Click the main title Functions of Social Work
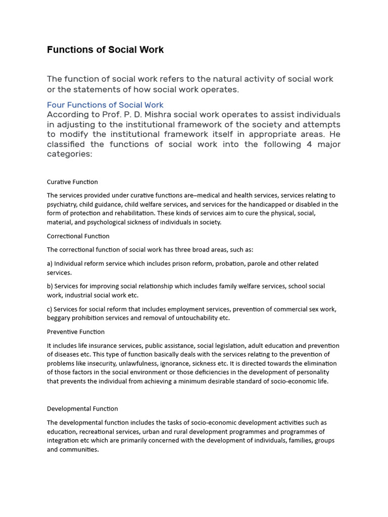pyautogui.click(x=105, y=49)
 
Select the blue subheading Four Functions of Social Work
pyautogui.click(x=105, y=105)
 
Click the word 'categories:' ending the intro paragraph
pyautogui.click(x=70, y=155)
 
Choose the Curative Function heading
pyautogui.click(x=72, y=182)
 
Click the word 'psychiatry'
pyautogui.click(x=64, y=204)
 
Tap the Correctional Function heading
pyautogui.click(x=78, y=236)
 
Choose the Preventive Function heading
pyautogui.click(x=76, y=332)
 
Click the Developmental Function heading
pyautogui.click(x=82, y=408)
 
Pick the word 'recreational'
pyautogui.click(x=96, y=432)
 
